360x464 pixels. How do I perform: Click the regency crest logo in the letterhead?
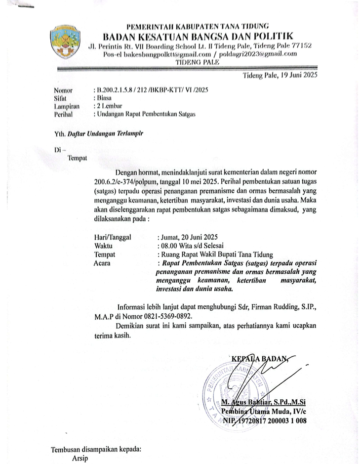(x=65, y=42)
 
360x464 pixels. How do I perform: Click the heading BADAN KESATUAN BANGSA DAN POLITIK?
(x=198, y=36)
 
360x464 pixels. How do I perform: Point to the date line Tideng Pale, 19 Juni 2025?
(x=280, y=75)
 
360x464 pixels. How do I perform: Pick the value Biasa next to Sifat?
(x=105, y=98)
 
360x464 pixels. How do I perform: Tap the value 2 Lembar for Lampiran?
(x=111, y=106)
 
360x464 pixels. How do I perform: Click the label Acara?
(x=102, y=263)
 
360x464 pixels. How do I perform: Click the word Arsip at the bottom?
(x=79, y=457)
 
